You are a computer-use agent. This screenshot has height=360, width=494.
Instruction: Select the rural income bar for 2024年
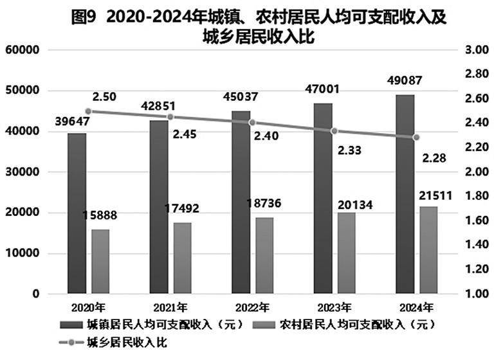coord(429,250)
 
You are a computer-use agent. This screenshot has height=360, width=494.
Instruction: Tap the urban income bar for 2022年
coord(241,202)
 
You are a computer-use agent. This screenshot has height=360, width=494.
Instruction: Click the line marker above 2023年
coord(334,131)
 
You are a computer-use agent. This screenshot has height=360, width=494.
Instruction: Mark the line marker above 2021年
coord(170,117)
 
